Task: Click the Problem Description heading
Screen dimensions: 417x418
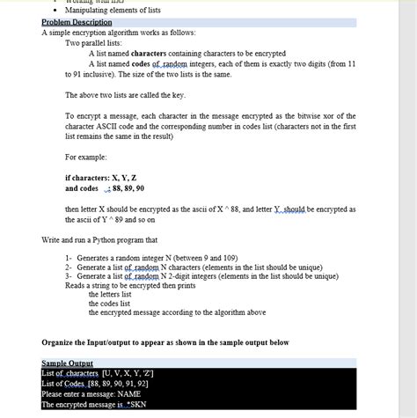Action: [x=77, y=22]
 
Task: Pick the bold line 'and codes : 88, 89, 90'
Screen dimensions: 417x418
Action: [x=104, y=188]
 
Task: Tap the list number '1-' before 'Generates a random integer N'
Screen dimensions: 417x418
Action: [x=69, y=259]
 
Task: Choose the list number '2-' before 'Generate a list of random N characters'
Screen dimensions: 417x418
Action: [x=69, y=268]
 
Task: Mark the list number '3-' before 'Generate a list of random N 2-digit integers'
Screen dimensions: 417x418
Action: [x=69, y=276]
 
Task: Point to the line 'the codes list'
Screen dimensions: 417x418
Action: [x=111, y=303]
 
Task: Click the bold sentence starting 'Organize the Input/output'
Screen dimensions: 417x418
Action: [x=165, y=341]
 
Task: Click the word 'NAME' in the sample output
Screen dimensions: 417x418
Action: [x=128, y=394]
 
